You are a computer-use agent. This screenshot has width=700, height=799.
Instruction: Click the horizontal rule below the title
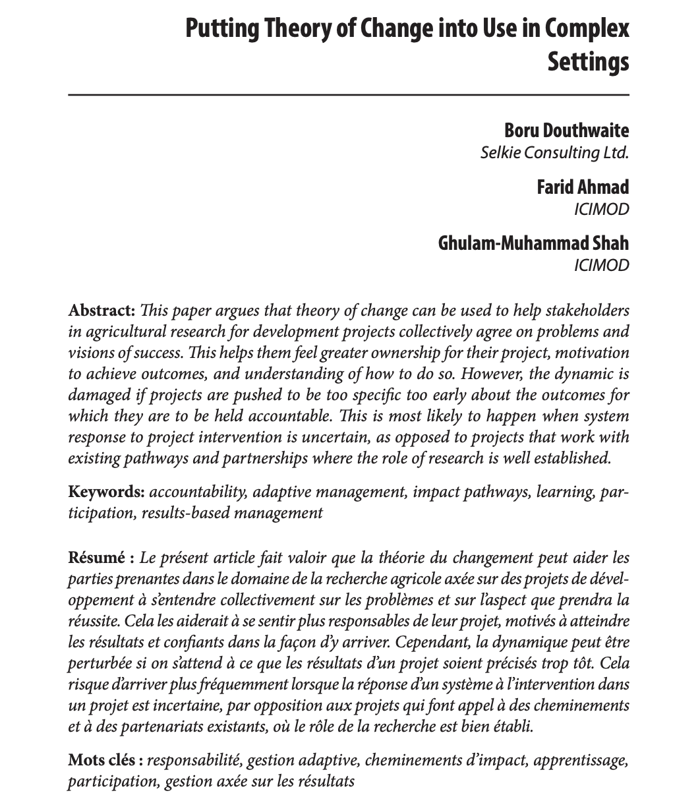(349, 96)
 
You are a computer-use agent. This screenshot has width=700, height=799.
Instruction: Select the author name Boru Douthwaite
(566, 131)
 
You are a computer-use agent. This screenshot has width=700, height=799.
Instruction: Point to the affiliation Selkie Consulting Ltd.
(554, 154)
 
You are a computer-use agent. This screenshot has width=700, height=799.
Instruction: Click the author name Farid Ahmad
(583, 187)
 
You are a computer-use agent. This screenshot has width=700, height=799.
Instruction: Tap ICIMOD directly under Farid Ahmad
(602, 210)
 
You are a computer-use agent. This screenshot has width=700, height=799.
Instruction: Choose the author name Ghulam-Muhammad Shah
(533, 243)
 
